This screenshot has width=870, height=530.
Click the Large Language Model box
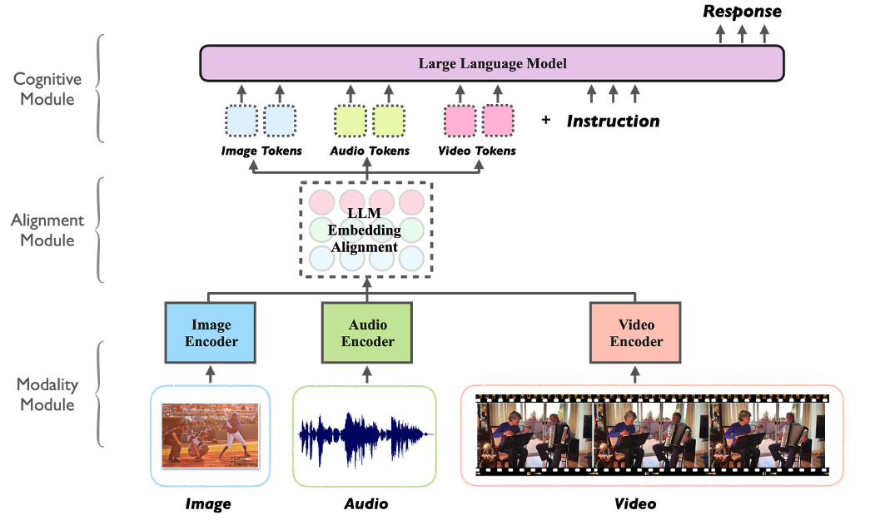[x=491, y=63]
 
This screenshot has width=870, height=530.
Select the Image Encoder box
[x=210, y=333]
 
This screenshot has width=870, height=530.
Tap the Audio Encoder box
[x=366, y=333]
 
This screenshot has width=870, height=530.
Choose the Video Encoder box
[x=635, y=333]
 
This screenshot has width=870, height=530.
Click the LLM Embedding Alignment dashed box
[x=366, y=229]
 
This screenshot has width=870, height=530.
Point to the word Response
[x=743, y=12]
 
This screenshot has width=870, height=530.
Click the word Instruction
[x=613, y=121]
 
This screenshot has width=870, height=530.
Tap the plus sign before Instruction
[x=546, y=120]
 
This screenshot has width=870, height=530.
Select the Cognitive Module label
[x=47, y=89]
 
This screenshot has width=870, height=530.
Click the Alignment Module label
[x=47, y=230]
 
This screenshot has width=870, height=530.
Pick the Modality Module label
[x=47, y=394]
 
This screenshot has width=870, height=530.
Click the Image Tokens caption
[x=261, y=151]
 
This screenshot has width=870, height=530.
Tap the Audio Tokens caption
[x=370, y=151]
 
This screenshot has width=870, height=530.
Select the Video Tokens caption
[x=477, y=151]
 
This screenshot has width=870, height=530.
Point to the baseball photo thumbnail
[x=210, y=434]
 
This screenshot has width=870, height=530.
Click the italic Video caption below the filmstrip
[x=635, y=504]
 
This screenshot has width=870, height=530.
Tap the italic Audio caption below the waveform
[x=366, y=504]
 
